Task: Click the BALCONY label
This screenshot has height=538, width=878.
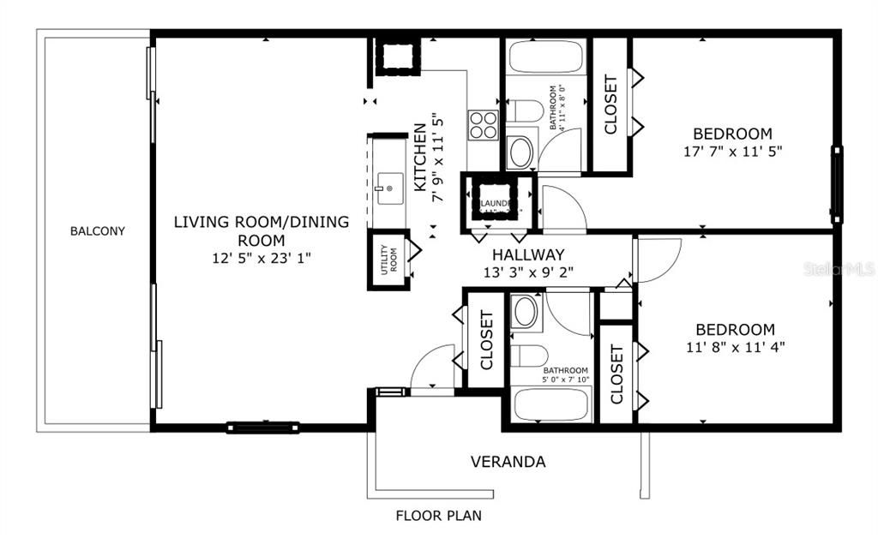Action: [98, 231]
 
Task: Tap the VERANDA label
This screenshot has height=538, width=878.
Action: [508, 462]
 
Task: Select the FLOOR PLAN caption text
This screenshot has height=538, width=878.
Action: [438, 516]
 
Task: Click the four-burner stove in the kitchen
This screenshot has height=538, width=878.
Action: [484, 125]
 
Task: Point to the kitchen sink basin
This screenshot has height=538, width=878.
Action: [390, 185]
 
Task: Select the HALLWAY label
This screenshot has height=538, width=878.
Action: [528, 254]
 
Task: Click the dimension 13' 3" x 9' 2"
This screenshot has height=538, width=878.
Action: [528, 272]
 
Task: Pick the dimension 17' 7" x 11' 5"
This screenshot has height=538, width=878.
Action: [732, 150]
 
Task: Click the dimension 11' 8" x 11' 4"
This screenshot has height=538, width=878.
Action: [735, 347]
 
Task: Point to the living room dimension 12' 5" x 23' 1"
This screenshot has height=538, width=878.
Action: [262, 258]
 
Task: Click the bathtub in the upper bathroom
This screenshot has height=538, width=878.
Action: [546, 57]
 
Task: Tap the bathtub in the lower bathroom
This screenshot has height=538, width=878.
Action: [551, 403]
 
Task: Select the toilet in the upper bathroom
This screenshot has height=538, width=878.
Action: [524, 111]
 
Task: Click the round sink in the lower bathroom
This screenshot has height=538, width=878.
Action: [525, 313]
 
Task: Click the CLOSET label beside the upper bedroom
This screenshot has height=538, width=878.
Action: [611, 105]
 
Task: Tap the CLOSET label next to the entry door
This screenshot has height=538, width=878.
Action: [486, 340]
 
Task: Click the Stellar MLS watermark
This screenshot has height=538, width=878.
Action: [839, 269]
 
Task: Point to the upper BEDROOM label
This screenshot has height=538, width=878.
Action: [732, 134]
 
